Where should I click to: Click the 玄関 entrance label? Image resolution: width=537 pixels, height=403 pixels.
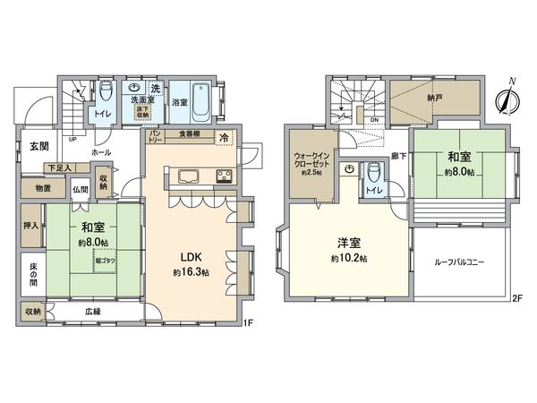[x=38, y=146]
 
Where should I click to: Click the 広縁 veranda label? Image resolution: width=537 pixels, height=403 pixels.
[x=94, y=311]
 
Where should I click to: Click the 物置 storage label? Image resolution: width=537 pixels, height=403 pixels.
[x=43, y=188]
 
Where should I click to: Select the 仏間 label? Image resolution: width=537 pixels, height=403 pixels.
[x=81, y=190]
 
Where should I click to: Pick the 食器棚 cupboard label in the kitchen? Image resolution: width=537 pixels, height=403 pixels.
[x=188, y=133]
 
